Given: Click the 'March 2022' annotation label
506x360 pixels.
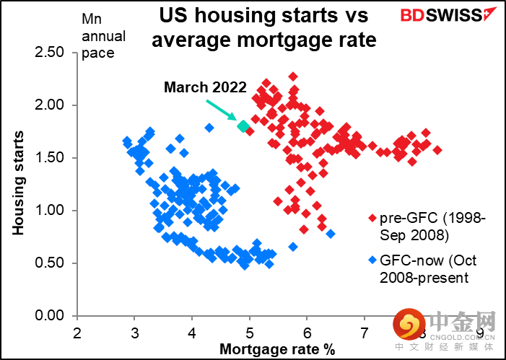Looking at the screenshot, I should pos(205,87).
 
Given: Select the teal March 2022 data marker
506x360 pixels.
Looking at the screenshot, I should pos(243,126).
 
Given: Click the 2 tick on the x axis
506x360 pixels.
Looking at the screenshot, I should pos(77,333).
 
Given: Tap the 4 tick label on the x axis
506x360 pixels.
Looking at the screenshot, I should pos(192,333).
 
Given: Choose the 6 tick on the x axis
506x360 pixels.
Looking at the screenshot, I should pos(307,333).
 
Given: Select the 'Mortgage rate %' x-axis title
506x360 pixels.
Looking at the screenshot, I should pos(278,349).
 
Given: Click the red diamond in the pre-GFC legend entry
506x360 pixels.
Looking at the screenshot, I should pos(372,217).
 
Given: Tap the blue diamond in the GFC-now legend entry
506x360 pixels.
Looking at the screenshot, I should pos(372,260).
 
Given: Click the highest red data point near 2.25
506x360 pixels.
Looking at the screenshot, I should pos(293,76).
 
